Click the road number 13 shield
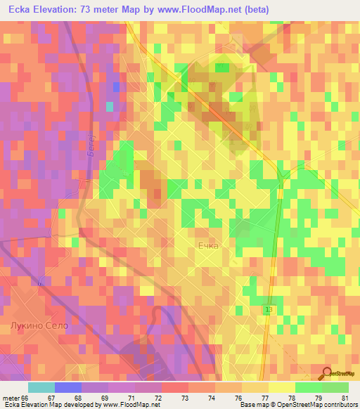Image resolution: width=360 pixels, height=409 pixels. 269,309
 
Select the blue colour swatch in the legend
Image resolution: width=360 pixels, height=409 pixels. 68,387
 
